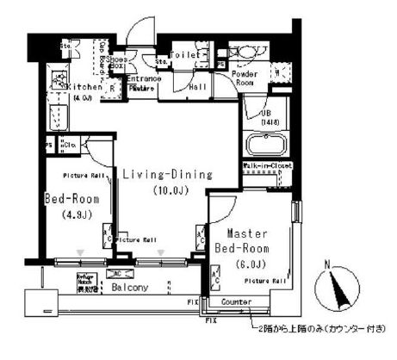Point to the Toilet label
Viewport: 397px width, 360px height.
coord(185,53)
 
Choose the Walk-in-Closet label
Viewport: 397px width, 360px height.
coord(268,164)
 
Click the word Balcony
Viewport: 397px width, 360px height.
coord(128,287)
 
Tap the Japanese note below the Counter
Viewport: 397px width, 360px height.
coord(319,329)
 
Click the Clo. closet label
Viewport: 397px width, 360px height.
coord(71,146)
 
